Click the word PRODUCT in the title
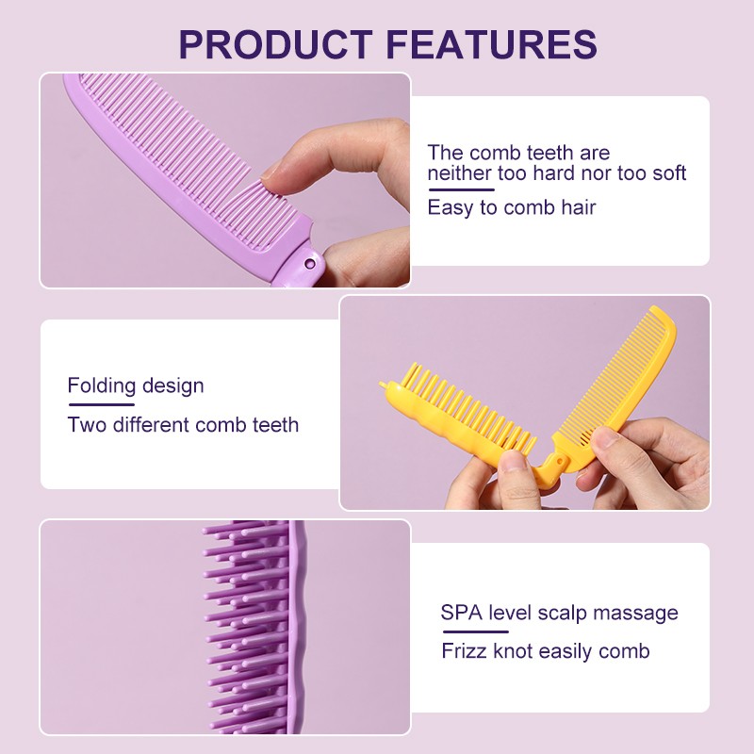[x=275, y=44]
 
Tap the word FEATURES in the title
[x=491, y=44]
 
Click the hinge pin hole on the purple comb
[x=310, y=263]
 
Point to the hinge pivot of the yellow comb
[x=559, y=461]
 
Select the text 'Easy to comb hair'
[x=512, y=207]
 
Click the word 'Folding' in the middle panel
[x=102, y=385]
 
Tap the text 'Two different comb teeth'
[x=183, y=425]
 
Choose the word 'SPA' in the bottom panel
[x=461, y=613]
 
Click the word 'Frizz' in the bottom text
[x=464, y=651]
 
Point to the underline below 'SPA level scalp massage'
[x=475, y=631]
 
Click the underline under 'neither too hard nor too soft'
[x=461, y=189]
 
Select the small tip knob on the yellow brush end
[x=383, y=385]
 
